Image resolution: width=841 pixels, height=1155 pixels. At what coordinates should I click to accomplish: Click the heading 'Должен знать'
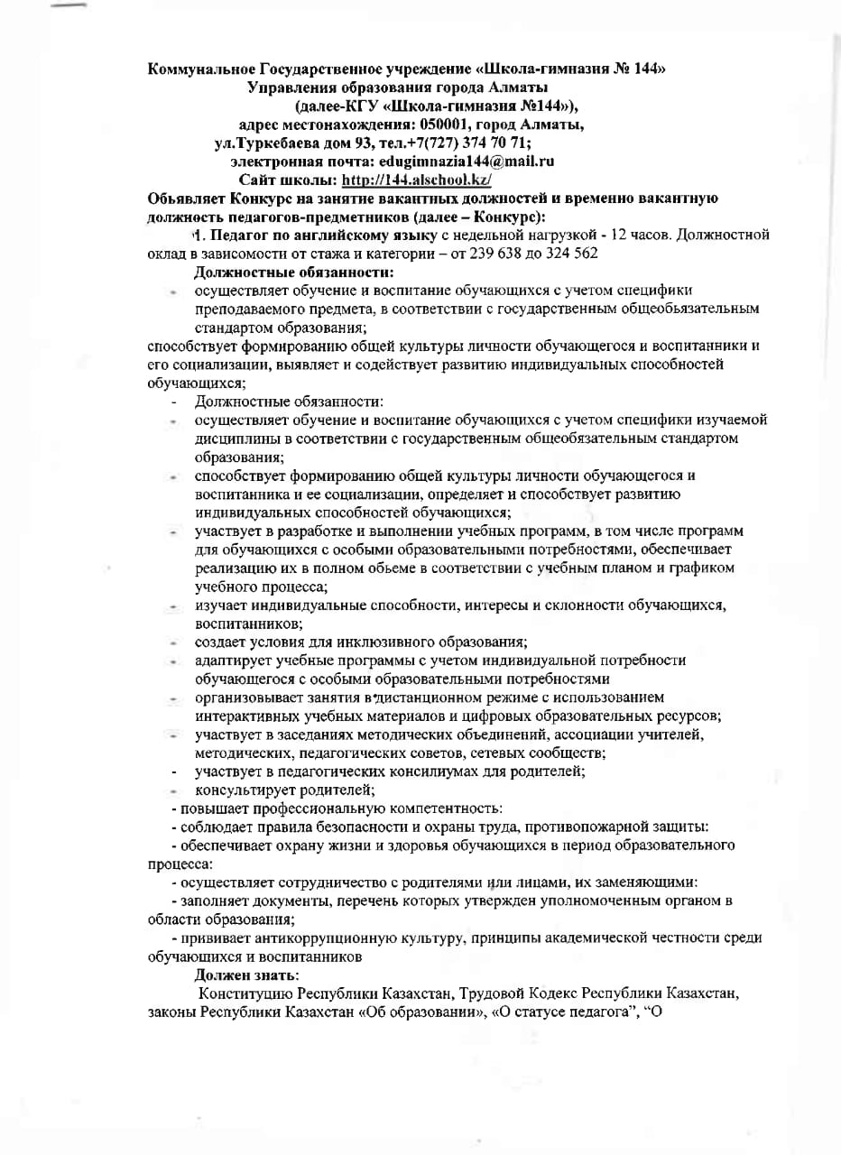247,975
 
